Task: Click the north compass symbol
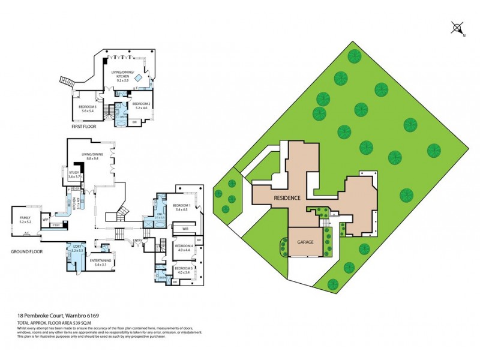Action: pyautogui.click(x=457, y=28)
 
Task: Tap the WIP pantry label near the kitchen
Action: pyautogui.click(x=46, y=220)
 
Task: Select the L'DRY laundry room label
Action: pyautogui.click(x=78, y=247)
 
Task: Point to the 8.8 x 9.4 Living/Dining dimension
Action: pyautogui.click(x=92, y=158)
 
